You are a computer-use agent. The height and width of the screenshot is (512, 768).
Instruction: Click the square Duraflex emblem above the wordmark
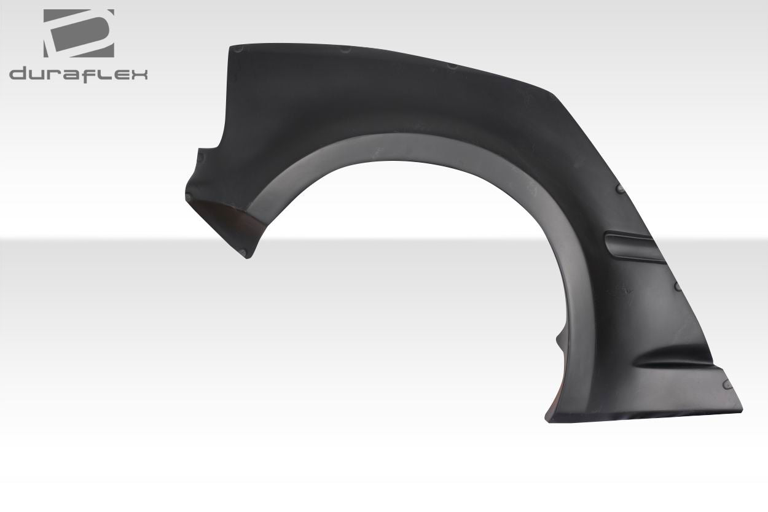(78, 33)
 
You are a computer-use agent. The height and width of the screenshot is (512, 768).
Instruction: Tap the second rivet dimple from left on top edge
(345, 49)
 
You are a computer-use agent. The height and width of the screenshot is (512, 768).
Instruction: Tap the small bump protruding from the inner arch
(559, 338)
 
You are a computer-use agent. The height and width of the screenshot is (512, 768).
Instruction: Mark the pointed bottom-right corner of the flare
(741, 410)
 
